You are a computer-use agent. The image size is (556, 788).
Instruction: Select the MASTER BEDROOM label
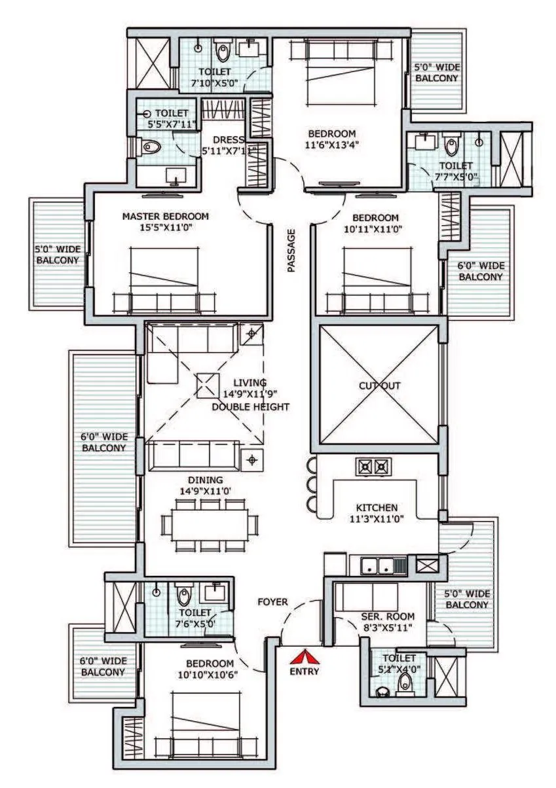pyautogui.click(x=166, y=217)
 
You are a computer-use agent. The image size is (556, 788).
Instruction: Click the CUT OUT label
pyautogui.click(x=379, y=386)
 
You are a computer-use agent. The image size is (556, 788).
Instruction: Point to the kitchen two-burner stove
pyautogui.click(x=373, y=467)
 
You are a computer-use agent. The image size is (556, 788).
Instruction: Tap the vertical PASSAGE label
pyautogui.click(x=291, y=250)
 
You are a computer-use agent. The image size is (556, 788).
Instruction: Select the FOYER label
pyautogui.click(x=273, y=601)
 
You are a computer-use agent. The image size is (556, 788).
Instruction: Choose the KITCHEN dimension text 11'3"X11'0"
pyautogui.click(x=377, y=520)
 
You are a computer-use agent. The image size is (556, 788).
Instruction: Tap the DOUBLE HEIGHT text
pyautogui.click(x=250, y=407)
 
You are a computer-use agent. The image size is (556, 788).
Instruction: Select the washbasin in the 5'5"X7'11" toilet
pyautogui.click(x=175, y=175)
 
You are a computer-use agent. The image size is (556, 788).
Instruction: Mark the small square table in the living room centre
pyautogui.click(x=207, y=385)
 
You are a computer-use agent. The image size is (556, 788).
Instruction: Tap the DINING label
pyautogui.click(x=205, y=480)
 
